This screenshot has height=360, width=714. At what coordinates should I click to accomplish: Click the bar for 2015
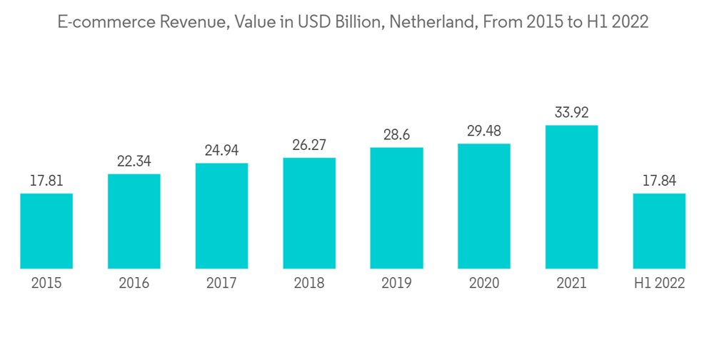coord(46,231)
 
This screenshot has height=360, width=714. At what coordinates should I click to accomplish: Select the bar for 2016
coord(134,221)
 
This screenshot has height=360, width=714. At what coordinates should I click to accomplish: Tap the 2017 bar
coord(221,216)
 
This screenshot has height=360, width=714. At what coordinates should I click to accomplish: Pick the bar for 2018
coord(309,213)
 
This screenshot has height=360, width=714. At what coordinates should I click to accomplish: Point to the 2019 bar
coord(396,208)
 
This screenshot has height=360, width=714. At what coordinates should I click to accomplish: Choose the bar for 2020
coord(484,206)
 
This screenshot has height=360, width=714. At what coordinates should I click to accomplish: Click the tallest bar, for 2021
coord(571,196)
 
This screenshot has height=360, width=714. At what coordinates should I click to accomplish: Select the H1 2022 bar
coord(659,231)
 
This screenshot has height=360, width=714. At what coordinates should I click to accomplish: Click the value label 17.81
coord(46,181)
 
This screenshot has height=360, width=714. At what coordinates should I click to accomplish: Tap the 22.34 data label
coord(134,162)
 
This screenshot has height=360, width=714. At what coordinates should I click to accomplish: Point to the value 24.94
coord(221,151)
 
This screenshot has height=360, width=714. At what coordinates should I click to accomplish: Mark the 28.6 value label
coord(396,135)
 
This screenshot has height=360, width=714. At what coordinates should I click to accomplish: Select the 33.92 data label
coord(571,113)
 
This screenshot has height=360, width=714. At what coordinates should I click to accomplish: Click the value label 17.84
coord(659,181)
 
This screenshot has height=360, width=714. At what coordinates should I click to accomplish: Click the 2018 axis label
coord(309,284)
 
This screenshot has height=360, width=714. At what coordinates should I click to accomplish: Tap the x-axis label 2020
coord(484,284)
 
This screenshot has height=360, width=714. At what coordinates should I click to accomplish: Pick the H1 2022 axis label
coord(659,284)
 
